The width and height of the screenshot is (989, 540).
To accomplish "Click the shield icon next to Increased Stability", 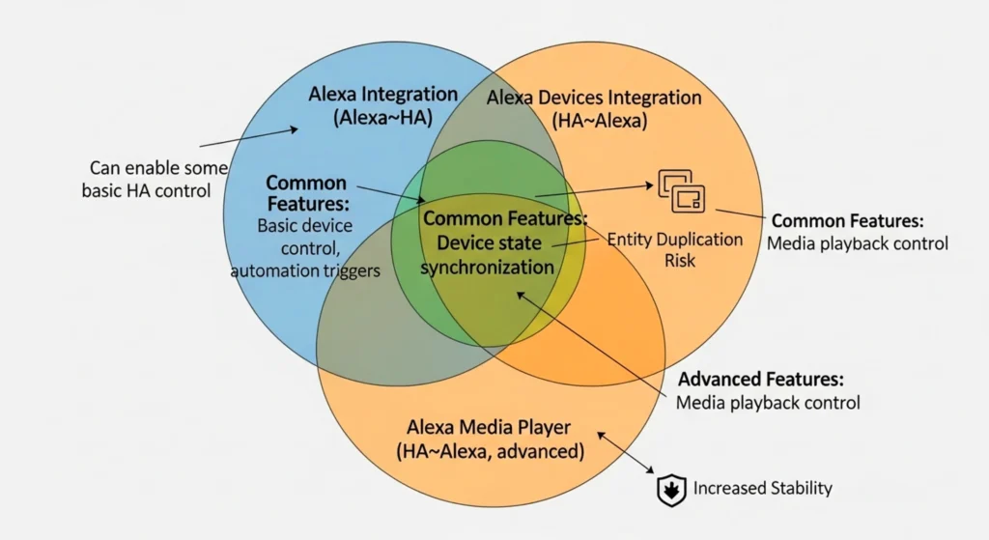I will coord(669,490).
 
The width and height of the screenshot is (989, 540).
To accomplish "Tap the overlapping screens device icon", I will coord(681,190).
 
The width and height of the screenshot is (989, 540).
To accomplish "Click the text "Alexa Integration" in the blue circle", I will coord(382,95).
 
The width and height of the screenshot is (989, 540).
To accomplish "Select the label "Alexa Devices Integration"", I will coord(593,98).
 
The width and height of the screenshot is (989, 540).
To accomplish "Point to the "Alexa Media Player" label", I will coord(489,428).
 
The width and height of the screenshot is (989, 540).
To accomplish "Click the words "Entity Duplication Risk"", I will coord(674,249).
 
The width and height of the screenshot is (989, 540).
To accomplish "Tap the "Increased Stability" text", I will coord(762,489).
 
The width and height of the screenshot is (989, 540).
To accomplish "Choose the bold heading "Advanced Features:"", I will coord(761,379).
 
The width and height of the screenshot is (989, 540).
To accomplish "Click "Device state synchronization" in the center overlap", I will coord(488,255).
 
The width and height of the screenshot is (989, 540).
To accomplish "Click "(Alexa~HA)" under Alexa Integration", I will coord(382,118).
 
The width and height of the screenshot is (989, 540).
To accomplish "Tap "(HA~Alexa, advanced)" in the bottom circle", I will coord(489,451).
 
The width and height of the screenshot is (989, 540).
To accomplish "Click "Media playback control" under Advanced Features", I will coord(768,402).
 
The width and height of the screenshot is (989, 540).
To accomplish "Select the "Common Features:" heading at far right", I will coord(847,221).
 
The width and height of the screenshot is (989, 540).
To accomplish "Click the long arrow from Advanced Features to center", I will coord(589,343).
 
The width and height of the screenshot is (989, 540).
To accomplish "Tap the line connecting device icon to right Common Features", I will coord(740,214).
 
